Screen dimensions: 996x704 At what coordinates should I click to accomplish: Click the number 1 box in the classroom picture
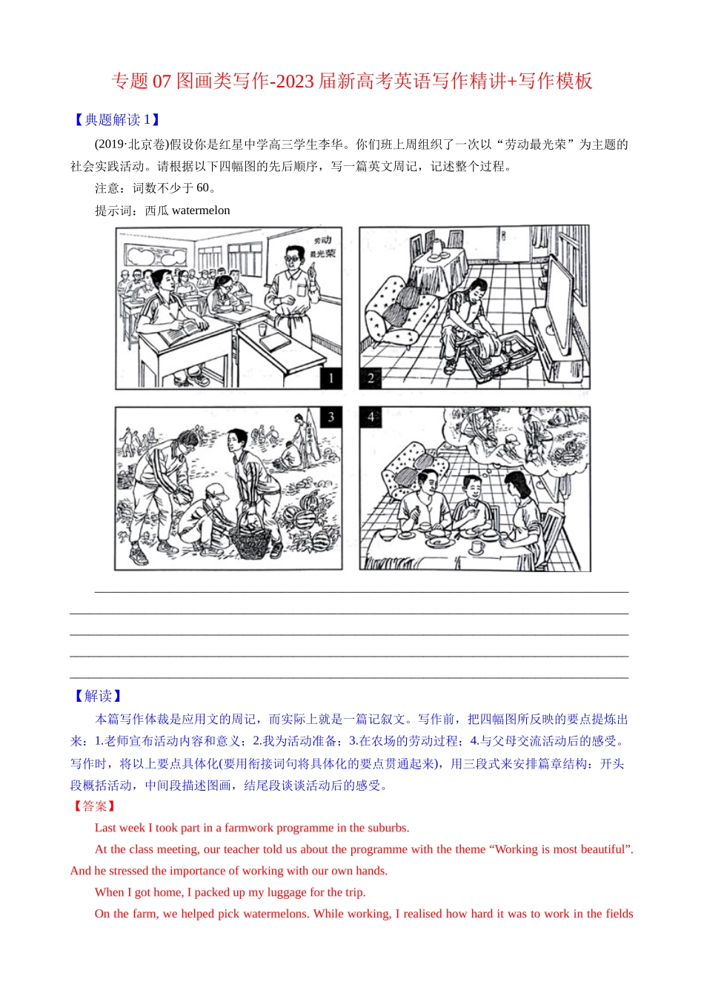(331, 378)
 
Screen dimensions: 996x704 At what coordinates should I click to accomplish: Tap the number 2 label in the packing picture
(371, 378)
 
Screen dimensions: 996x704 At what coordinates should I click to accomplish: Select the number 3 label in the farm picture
(331, 417)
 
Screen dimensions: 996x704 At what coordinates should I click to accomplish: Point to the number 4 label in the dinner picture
(371, 417)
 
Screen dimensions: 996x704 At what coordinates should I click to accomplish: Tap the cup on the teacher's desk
(263, 328)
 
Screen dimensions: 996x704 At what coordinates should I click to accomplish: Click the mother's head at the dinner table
(517, 482)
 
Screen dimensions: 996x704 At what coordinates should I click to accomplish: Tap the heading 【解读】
(97, 696)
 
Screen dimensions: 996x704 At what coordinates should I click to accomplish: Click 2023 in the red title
(293, 81)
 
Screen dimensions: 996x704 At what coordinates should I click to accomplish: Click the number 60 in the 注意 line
(202, 188)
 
